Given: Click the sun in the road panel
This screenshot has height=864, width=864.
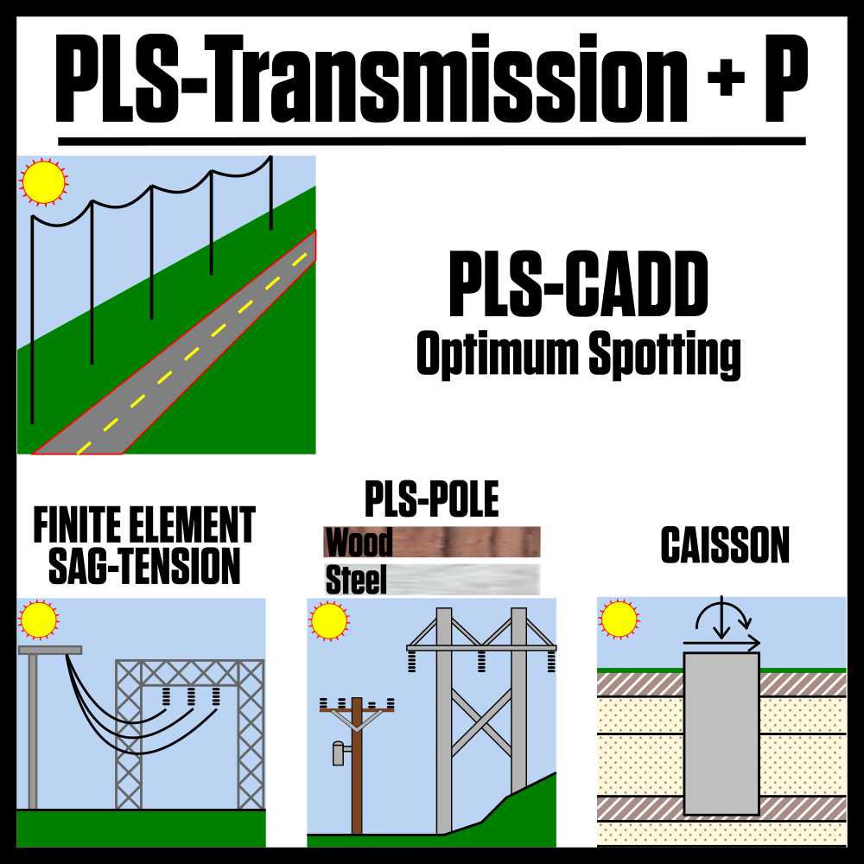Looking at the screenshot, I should point(43,182).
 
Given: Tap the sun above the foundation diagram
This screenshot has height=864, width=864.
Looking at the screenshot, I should point(619,619).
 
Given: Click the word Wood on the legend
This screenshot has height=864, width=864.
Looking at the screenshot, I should point(359,543).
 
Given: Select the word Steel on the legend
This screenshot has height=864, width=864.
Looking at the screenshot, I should point(355,580).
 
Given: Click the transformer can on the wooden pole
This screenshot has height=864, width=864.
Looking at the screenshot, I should point(338,753).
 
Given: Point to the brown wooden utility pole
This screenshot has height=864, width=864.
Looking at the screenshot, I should point(357,778).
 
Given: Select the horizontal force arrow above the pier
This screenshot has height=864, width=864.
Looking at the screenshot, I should point(721,643).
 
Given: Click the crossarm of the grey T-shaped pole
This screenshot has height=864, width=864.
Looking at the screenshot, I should point(50,650).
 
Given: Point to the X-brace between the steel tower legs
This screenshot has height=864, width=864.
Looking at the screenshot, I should point(481,722).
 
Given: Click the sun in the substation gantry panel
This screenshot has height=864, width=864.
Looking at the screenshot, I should point(39,619).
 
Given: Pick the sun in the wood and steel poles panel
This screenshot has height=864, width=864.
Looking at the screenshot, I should point(329,620).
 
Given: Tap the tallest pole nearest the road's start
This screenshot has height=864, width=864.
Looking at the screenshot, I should point(32,320).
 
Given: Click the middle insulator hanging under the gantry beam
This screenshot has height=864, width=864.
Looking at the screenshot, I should point(191,696).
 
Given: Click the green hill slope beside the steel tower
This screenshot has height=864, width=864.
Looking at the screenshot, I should point(527,812).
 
